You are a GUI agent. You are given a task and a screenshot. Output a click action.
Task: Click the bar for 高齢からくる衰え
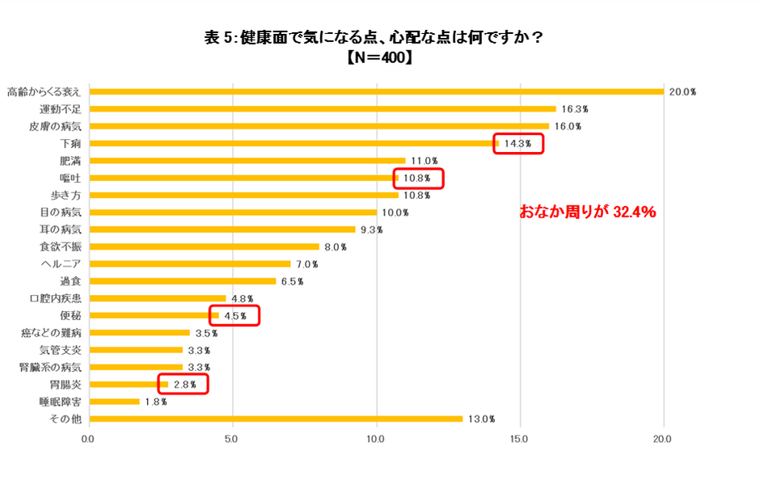pyautogui.click(x=376, y=91)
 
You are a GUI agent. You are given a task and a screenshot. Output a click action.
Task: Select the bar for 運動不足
pyautogui.click(x=323, y=108)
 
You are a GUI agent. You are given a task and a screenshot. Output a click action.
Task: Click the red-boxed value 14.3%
pyautogui.click(x=519, y=144)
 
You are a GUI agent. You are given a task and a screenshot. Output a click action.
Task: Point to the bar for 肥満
pyautogui.click(x=247, y=160)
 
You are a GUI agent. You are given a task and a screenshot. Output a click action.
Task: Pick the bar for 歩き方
pyautogui.click(x=243, y=195)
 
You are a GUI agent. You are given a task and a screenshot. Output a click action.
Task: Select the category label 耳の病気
pyautogui.click(x=61, y=230)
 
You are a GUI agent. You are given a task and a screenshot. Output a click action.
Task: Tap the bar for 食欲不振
pyautogui.click(x=204, y=247)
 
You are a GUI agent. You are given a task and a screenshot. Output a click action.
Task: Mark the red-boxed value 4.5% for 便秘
pyautogui.click(x=234, y=315)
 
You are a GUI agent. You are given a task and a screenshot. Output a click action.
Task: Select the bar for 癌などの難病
pyautogui.click(x=139, y=332)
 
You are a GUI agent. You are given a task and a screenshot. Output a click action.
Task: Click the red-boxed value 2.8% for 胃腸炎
pyautogui.click(x=184, y=384)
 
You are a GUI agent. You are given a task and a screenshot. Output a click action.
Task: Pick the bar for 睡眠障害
pyautogui.click(x=114, y=401)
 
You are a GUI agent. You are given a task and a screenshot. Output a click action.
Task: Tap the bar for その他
pyautogui.click(x=275, y=419)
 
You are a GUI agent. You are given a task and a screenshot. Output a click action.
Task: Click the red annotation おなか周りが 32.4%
pyautogui.click(x=586, y=213)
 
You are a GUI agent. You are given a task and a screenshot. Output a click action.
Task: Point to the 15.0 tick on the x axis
pyautogui.click(x=520, y=439)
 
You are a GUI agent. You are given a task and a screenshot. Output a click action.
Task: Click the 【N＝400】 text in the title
pyautogui.click(x=379, y=57)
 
